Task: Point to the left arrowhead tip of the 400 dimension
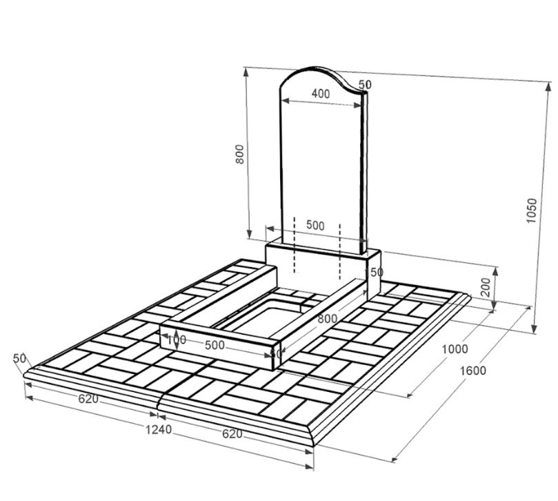point(282,101)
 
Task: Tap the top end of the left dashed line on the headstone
point(295,217)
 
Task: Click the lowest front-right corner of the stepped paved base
point(313,446)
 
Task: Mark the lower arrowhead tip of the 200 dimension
point(495,311)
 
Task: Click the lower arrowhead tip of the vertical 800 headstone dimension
point(250,239)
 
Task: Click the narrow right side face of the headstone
point(363,173)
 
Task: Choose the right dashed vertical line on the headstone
point(340,251)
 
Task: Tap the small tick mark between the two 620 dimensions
point(157,415)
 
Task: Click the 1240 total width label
point(159,430)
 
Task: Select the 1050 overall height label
point(531,210)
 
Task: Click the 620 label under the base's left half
point(88,399)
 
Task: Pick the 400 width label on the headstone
point(321,94)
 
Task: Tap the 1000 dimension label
point(455,349)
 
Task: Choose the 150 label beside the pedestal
point(375,273)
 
